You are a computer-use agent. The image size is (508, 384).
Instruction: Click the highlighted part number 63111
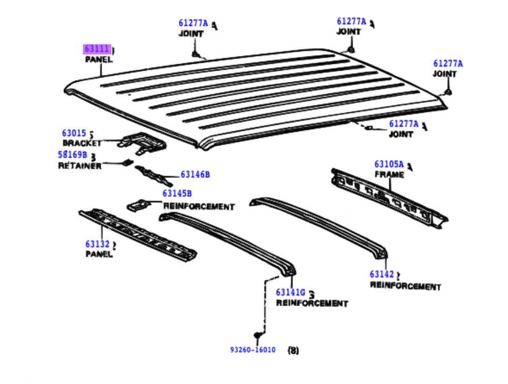tap(97, 49)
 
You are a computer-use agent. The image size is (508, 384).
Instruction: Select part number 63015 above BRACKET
tap(74, 133)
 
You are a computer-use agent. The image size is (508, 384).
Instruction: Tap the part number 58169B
tap(73, 155)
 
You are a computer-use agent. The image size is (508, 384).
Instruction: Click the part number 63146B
tap(195, 175)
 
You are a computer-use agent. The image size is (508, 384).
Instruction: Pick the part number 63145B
tap(177, 193)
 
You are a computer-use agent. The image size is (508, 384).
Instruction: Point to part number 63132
tap(97, 244)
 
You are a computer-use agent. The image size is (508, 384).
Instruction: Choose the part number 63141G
tap(290, 292)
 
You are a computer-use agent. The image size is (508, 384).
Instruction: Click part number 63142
tap(382, 274)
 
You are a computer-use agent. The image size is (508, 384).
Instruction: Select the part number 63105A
tap(389, 164)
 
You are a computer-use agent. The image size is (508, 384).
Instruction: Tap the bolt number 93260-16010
tap(253, 350)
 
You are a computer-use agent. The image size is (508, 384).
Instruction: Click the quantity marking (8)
tap(293, 350)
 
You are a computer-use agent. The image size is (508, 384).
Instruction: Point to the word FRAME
tap(389, 175)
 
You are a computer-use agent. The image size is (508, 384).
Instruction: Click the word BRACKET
tap(82, 143)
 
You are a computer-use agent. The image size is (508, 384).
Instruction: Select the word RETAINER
tap(80, 166)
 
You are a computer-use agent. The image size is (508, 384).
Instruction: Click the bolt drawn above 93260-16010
tap(258, 335)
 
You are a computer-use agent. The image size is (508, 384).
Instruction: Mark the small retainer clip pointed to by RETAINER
tap(128, 162)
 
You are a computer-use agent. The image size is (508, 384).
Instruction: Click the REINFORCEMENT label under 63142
tap(405, 286)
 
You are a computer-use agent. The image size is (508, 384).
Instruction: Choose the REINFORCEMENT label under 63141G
tap(312, 303)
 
